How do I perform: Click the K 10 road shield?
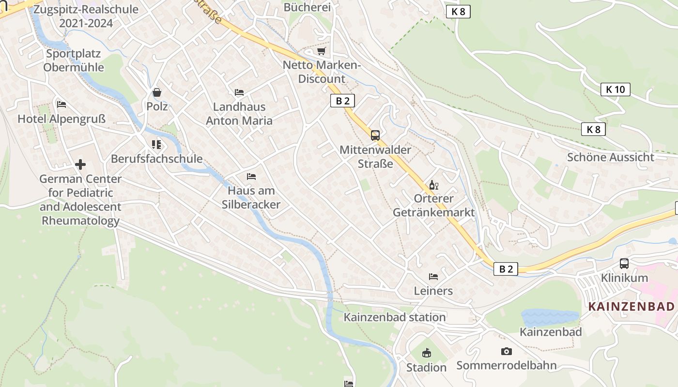pyautogui.click(x=615, y=89)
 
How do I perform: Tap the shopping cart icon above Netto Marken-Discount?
pyautogui.click(x=321, y=51)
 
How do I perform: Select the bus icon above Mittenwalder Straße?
pyautogui.click(x=375, y=135)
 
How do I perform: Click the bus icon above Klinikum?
pyautogui.click(x=624, y=264)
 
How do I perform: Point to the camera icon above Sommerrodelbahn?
pyautogui.click(x=506, y=351)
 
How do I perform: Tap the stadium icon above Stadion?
pyautogui.click(x=426, y=353)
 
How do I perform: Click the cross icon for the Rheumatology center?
pyautogui.click(x=80, y=164)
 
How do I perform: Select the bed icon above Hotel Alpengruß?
pyautogui.click(x=62, y=104)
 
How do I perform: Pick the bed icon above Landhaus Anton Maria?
pyautogui.click(x=239, y=92)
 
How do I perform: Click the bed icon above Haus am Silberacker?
pyautogui.click(x=251, y=176)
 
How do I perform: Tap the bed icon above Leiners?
pyautogui.click(x=433, y=277)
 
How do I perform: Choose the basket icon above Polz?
pyautogui.click(x=157, y=92)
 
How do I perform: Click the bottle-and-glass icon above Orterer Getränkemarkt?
pyautogui.click(x=433, y=185)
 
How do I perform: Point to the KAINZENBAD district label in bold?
pyautogui.click(x=631, y=306)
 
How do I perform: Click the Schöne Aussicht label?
pyautogui.click(x=610, y=157)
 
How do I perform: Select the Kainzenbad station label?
pyautogui.click(x=395, y=317)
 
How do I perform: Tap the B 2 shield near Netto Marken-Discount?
pyautogui.click(x=342, y=101)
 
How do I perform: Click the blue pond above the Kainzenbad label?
pyautogui.click(x=550, y=317)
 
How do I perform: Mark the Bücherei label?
pyautogui.click(x=307, y=7)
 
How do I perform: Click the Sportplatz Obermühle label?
pyautogui.click(x=74, y=60)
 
